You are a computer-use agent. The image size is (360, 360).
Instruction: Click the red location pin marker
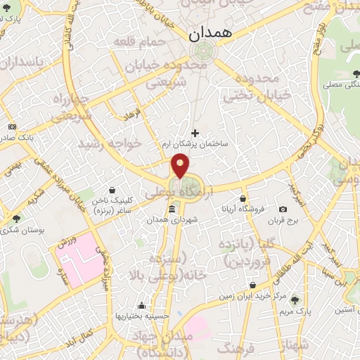(181, 166)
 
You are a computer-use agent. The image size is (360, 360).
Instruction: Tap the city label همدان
(204, 33)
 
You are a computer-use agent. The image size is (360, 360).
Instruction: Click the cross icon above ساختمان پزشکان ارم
(195, 133)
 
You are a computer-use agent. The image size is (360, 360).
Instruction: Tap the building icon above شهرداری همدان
(172, 210)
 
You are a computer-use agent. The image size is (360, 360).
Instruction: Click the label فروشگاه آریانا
(243, 209)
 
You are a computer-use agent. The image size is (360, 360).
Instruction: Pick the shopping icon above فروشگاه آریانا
(243, 198)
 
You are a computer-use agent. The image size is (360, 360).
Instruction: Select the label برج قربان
(283, 220)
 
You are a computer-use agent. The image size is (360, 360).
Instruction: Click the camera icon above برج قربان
(283, 209)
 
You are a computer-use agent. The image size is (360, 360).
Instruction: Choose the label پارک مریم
(294, 310)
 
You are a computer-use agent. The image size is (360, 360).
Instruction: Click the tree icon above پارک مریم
(294, 300)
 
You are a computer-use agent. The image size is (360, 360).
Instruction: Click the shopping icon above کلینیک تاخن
(113, 188)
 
